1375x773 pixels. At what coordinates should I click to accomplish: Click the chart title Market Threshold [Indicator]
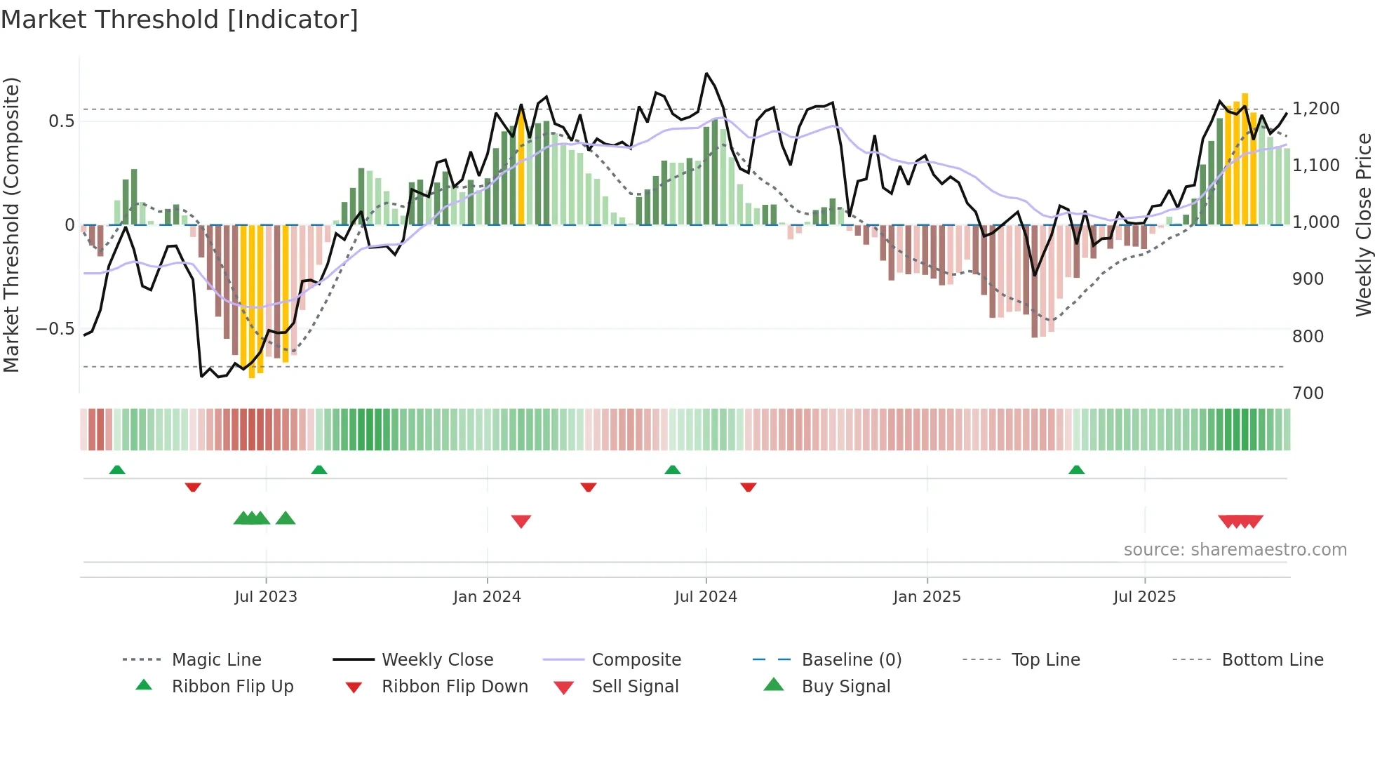180,20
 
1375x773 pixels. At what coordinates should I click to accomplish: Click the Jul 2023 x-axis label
266,597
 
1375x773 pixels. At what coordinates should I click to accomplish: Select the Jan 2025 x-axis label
927,597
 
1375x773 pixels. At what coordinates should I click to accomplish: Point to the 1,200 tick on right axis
1316,109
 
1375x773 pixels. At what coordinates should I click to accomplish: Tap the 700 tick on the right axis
1308,394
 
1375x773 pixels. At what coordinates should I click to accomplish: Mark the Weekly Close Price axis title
1363,224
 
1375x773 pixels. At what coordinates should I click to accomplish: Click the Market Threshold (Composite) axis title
12,224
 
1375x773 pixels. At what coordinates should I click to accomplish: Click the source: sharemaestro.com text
1235,550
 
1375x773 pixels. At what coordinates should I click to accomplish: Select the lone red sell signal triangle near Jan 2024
521,521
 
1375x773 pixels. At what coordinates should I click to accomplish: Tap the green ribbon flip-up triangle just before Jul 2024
673,469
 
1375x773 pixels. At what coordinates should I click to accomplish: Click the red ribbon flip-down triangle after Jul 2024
749,487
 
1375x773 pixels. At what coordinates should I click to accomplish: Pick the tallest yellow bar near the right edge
1245,158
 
